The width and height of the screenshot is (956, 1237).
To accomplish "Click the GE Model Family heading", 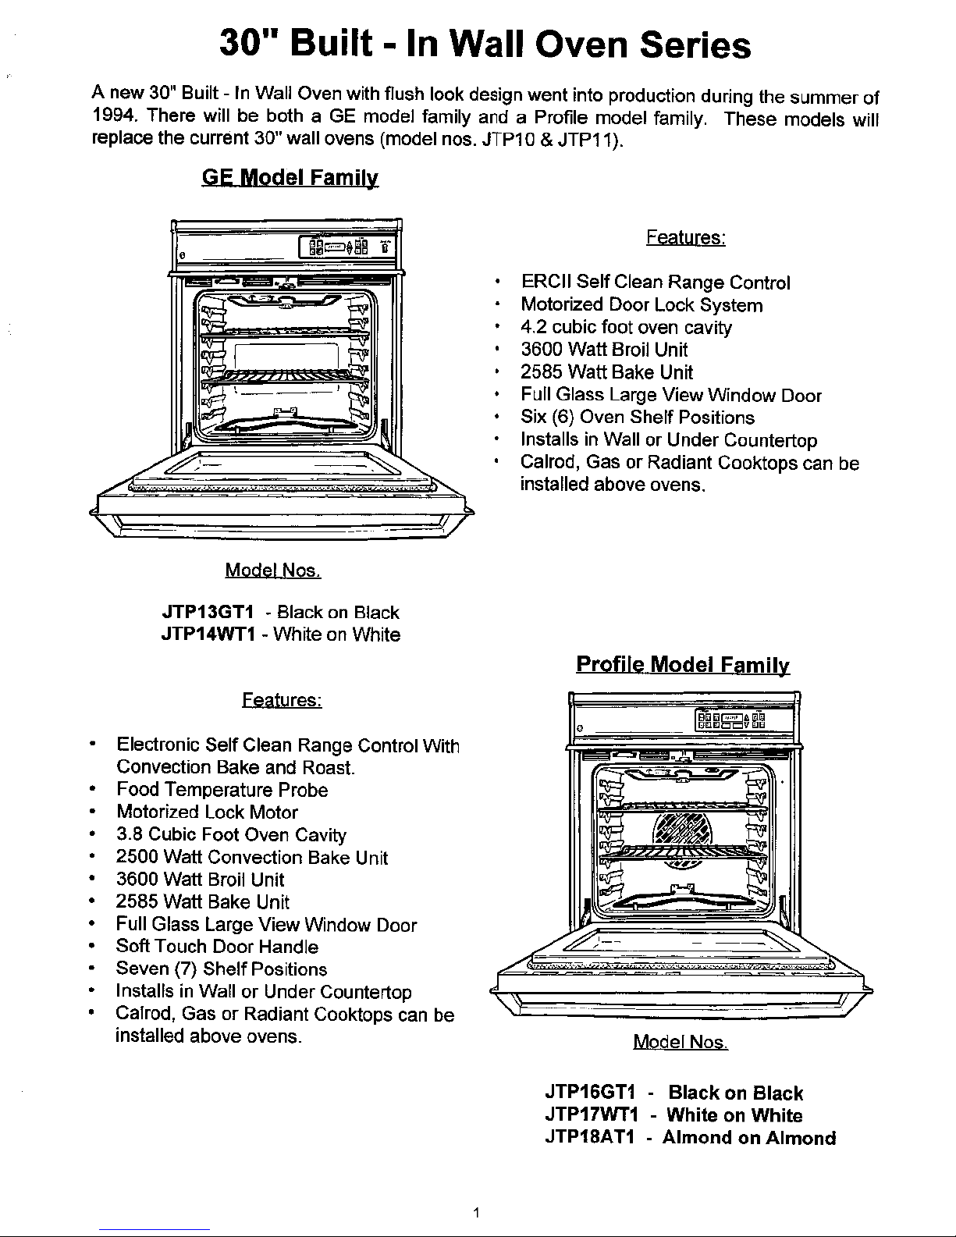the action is [290, 178].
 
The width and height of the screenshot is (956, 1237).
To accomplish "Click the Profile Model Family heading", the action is [683, 665].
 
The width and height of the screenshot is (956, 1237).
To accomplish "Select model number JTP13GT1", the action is [208, 612].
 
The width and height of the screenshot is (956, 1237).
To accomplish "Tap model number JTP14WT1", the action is [208, 634].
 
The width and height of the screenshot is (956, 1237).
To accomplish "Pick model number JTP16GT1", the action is [590, 1092].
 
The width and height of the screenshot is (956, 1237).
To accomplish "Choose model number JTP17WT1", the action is [592, 1114].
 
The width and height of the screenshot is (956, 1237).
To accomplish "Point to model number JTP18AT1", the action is [589, 1137].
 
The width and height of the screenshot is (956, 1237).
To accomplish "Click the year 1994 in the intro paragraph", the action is [114, 116].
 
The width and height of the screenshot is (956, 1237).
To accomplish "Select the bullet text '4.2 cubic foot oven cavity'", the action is [626, 328].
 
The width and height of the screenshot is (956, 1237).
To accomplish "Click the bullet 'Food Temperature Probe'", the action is [222, 790].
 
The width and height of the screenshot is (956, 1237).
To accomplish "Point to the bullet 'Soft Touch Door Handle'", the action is [217, 947].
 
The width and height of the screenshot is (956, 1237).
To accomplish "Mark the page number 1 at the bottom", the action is [476, 1213].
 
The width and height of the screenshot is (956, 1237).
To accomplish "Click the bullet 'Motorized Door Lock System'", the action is [641, 305].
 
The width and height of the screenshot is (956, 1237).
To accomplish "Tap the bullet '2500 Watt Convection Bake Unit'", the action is [251, 857].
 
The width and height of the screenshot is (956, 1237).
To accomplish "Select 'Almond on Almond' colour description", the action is [749, 1137].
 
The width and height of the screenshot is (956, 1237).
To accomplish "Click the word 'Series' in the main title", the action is [695, 44].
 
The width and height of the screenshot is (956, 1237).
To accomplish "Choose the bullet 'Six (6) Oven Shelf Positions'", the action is [638, 418].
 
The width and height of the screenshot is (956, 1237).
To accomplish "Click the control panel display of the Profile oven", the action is [730, 720].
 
